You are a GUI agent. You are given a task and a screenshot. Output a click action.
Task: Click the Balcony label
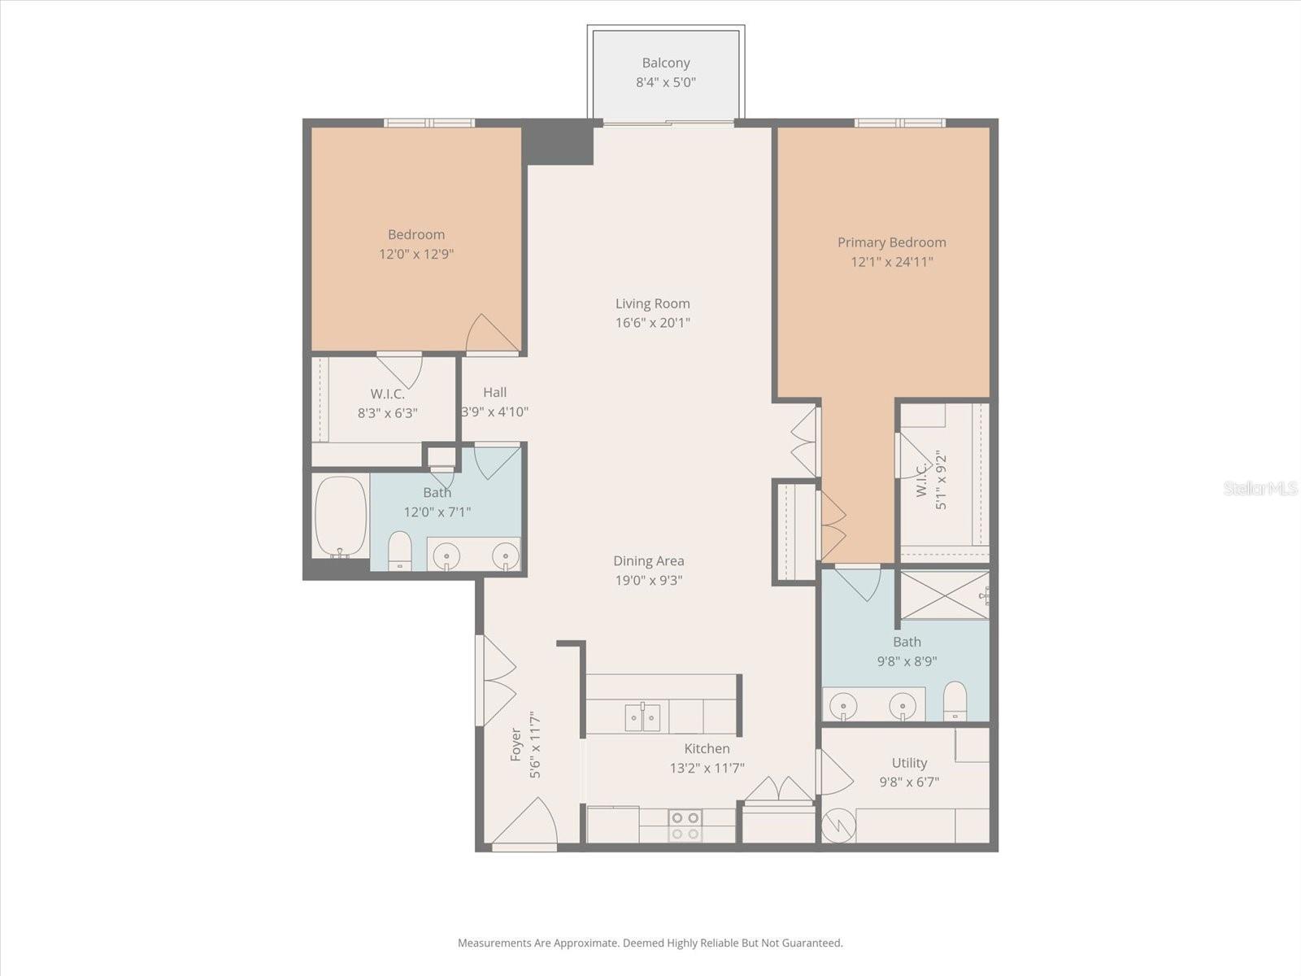666,63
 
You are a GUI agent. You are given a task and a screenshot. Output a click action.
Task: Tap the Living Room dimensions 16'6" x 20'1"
653,323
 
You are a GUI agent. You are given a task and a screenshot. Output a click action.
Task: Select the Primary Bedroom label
892,242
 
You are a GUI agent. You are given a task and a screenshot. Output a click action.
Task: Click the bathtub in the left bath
340,516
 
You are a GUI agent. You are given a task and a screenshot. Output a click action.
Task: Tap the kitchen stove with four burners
685,826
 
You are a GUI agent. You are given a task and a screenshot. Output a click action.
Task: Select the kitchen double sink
642,717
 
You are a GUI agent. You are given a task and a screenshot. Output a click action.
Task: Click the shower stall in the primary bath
942,595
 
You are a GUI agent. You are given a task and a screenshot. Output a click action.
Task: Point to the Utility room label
909,763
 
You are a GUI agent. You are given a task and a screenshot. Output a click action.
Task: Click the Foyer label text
516,747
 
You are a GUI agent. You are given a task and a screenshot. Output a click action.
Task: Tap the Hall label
495,392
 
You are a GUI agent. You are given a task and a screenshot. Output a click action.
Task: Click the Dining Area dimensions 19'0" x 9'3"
648,581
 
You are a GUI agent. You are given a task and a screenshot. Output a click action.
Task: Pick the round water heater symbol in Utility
838,826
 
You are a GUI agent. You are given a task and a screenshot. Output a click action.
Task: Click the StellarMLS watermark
1260,488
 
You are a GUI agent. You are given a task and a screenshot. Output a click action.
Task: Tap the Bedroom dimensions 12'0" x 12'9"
416,254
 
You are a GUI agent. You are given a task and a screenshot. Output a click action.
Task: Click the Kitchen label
707,748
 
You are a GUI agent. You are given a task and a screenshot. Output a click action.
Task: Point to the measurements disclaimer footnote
650,943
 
